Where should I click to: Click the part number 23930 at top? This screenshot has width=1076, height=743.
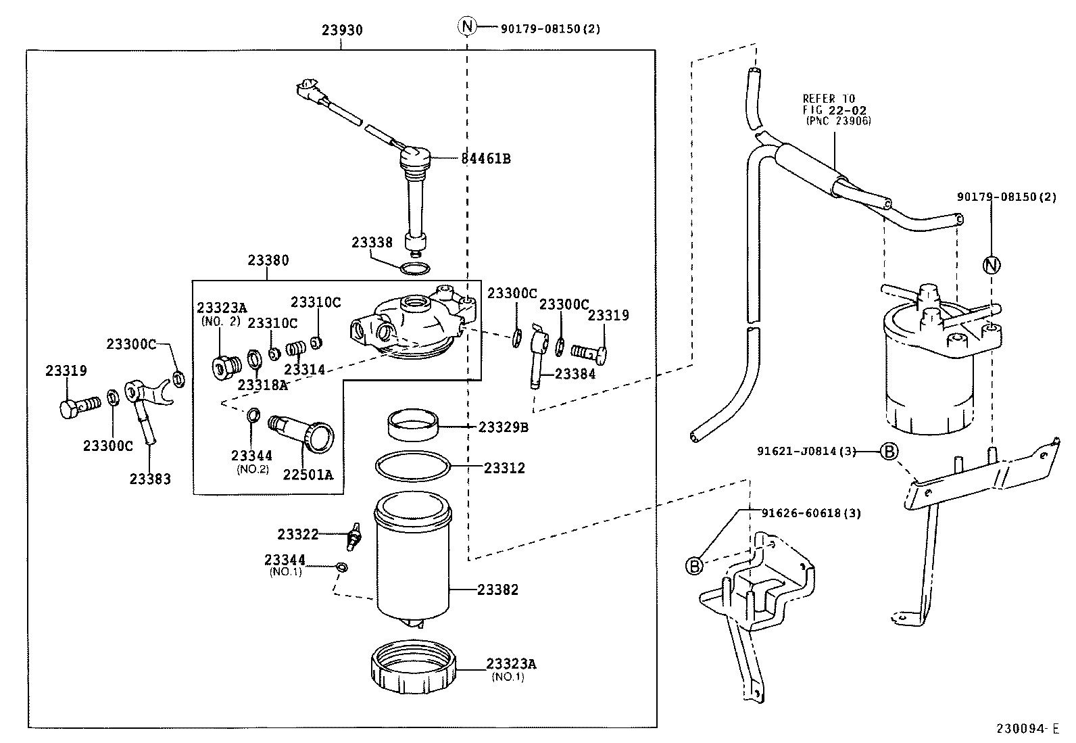(x=342, y=30)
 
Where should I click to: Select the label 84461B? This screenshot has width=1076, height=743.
(x=485, y=159)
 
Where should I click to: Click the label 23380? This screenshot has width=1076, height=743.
(x=268, y=260)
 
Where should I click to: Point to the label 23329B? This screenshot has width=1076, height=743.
(x=503, y=427)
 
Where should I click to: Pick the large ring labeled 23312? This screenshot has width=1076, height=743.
(x=412, y=466)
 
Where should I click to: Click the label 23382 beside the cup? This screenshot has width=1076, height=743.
(x=497, y=590)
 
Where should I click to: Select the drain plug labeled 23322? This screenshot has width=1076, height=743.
(x=353, y=536)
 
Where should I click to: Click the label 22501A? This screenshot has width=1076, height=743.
(x=308, y=475)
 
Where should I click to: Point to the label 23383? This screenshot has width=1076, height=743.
(x=150, y=479)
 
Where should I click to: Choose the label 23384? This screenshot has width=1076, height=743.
(x=575, y=374)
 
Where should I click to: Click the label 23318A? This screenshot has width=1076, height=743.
(x=262, y=385)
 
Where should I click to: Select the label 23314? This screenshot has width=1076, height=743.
(x=304, y=370)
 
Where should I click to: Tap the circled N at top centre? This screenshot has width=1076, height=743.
(x=467, y=27)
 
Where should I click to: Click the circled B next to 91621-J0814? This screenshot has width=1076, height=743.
(x=889, y=452)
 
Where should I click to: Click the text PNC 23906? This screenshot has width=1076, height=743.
(x=838, y=121)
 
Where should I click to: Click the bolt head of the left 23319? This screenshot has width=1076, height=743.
(x=68, y=409)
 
